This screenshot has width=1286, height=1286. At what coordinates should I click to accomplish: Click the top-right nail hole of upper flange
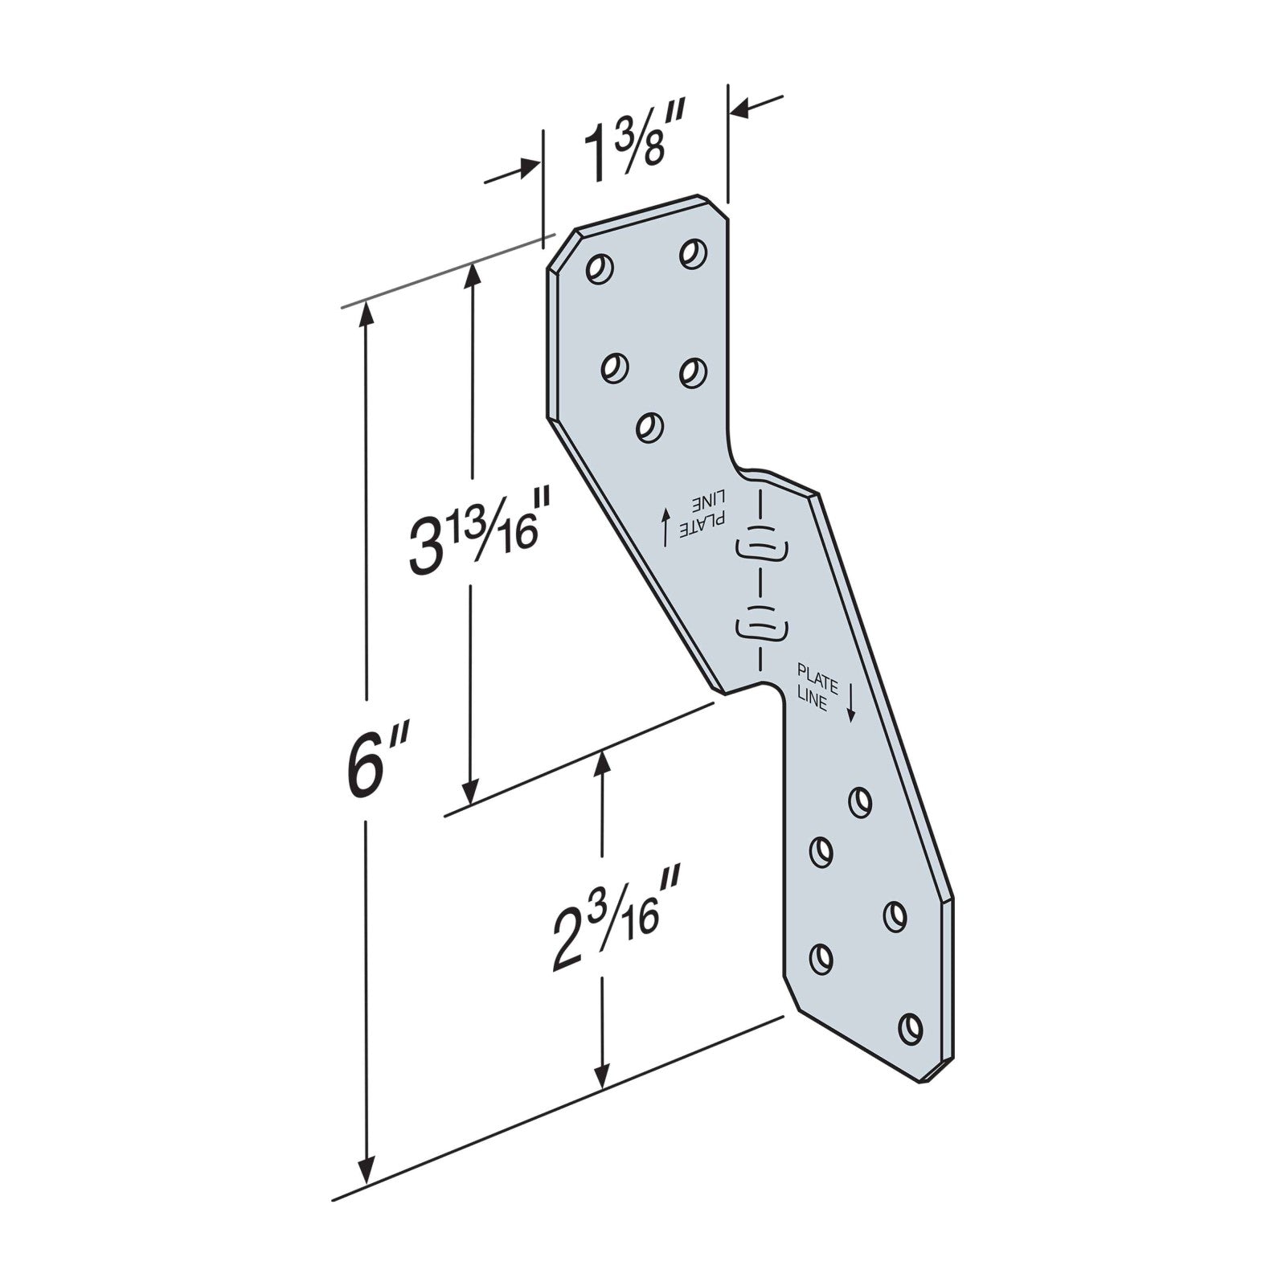(692, 252)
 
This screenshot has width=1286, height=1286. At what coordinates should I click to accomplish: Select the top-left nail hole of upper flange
(600, 268)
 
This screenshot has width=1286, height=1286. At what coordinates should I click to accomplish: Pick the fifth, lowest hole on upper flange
(649, 426)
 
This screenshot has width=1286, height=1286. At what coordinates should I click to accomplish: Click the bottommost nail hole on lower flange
(910, 1028)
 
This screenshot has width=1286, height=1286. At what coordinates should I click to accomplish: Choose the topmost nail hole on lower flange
(860, 801)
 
